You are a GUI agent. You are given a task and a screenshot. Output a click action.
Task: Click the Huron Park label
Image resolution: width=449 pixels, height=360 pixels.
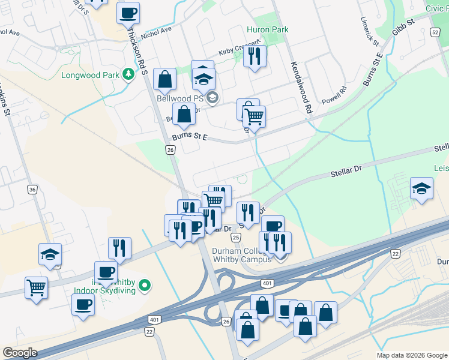coord(268,29)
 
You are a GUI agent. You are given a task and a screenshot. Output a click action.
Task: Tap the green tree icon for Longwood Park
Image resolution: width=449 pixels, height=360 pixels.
coord(127,74)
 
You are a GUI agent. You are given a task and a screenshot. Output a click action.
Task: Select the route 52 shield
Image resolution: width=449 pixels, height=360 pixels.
coord(435,32)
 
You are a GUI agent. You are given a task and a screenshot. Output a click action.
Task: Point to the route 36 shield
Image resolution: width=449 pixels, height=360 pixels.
coord(32,189)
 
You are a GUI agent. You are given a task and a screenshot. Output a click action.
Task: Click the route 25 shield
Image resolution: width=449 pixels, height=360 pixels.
coord(237,238)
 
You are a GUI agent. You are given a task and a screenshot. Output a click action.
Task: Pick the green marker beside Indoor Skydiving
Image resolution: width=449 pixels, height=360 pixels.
coord(144,285)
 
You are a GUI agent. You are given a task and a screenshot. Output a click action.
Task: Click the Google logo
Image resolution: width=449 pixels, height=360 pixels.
coord(20,353)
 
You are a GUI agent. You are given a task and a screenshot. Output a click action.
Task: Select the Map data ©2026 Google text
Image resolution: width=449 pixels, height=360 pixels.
coord(411,355)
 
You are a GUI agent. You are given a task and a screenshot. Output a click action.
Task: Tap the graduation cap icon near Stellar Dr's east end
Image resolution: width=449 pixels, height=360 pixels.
coord(421,188)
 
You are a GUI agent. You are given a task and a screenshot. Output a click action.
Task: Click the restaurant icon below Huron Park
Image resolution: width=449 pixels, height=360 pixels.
coord(256,56)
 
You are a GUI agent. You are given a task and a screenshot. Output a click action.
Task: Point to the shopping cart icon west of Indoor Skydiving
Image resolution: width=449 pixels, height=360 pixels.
coord(37,287)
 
